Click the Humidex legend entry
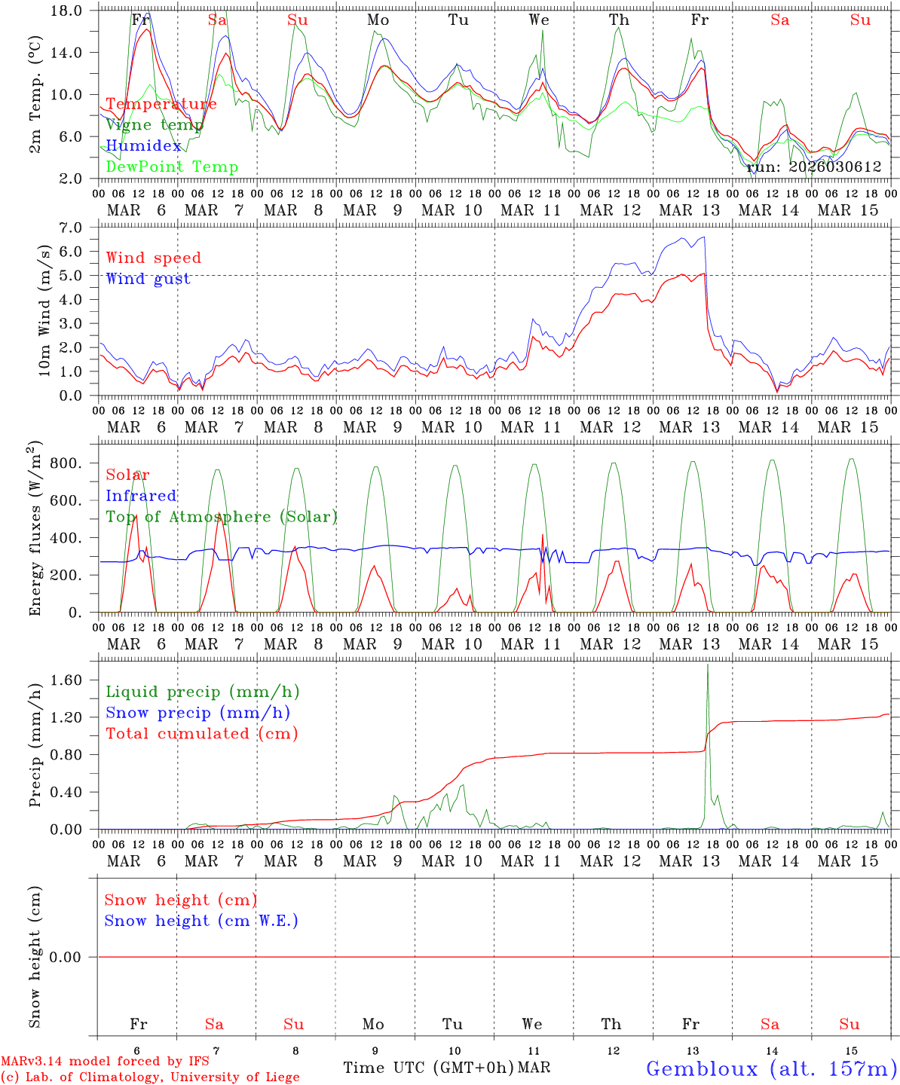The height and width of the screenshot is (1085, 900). [x=143, y=146]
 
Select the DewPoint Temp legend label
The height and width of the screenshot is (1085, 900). [x=172, y=167]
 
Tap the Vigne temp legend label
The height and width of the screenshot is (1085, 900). [x=155, y=125]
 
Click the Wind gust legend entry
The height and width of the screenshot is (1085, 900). [x=148, y=279]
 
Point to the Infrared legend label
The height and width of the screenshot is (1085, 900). [x=141, y=496]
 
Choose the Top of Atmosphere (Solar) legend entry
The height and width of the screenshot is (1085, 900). [x=221, y=517]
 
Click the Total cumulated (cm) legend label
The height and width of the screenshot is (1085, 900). [x=201, y=734]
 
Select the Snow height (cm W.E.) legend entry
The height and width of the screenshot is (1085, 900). [x=201, y=921]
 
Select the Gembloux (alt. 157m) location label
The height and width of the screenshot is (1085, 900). [x=771, y=1068]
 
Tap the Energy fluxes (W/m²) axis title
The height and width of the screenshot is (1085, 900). [x=35, y=530]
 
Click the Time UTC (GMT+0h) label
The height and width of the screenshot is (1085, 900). [x=428, y=1068]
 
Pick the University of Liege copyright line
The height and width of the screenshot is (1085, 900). [x=150, y=1077]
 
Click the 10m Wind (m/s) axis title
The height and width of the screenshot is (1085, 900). [x=45, y=310]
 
